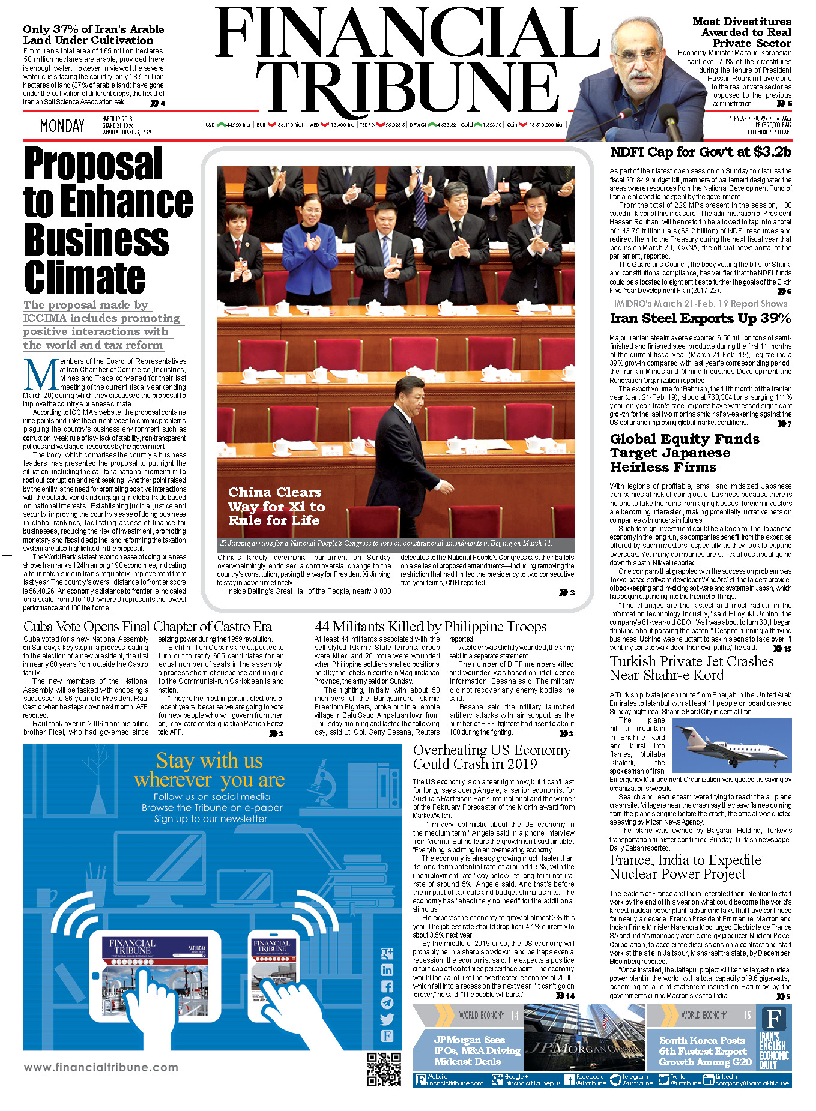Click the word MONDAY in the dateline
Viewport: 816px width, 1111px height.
point(62,126)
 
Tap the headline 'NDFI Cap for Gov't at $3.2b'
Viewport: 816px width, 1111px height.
point(700,152)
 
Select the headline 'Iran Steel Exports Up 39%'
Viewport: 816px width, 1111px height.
point(700,319)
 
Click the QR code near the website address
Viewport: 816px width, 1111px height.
point(384,1069)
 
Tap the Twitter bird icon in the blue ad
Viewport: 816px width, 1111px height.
point(387,1019)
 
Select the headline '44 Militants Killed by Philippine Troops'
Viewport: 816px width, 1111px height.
point(430,627)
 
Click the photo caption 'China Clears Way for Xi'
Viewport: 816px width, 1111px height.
point(276,506)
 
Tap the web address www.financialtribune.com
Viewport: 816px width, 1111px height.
point(101,1067)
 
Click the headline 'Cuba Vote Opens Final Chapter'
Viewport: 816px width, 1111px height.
point(147,627)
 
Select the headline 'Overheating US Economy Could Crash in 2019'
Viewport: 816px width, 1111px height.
point(492,757)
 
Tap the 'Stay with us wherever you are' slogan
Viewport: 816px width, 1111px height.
point(210,770)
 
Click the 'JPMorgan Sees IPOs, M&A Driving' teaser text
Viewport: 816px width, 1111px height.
point(468,1050)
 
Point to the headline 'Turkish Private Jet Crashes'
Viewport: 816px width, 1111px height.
point(691,669)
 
